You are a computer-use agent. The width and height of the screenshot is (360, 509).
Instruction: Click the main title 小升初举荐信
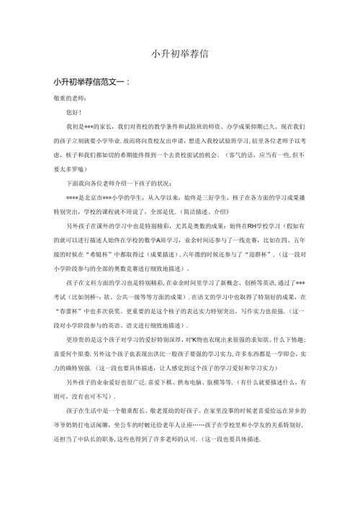pyautogui.click(x=180, y=53)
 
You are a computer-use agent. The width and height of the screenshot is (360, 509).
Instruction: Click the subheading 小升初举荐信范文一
pyautogui.click(x=86, y=82)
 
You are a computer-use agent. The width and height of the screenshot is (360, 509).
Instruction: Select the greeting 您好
pyautogui.click(x=72, y=112)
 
